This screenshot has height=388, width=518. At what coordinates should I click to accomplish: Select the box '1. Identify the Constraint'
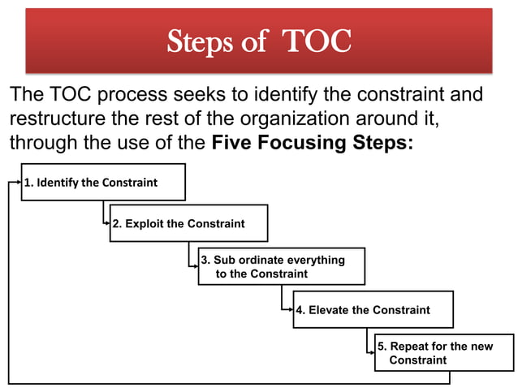(x=103, y=183)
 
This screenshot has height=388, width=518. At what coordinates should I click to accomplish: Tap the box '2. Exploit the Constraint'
(x=189, y=223)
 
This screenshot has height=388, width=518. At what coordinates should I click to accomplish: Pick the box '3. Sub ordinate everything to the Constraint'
(x=282, y=266)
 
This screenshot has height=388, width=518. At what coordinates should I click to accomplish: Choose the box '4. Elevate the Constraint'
(x=373, y=309)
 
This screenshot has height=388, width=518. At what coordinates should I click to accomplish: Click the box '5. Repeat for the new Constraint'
(x=444, y=352)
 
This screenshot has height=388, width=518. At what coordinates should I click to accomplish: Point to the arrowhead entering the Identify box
(x=17, y=183)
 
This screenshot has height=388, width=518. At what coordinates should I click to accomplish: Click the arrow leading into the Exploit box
(x=106, y=223)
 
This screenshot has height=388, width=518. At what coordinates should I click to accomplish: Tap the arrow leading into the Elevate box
(x=289, y=309)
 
